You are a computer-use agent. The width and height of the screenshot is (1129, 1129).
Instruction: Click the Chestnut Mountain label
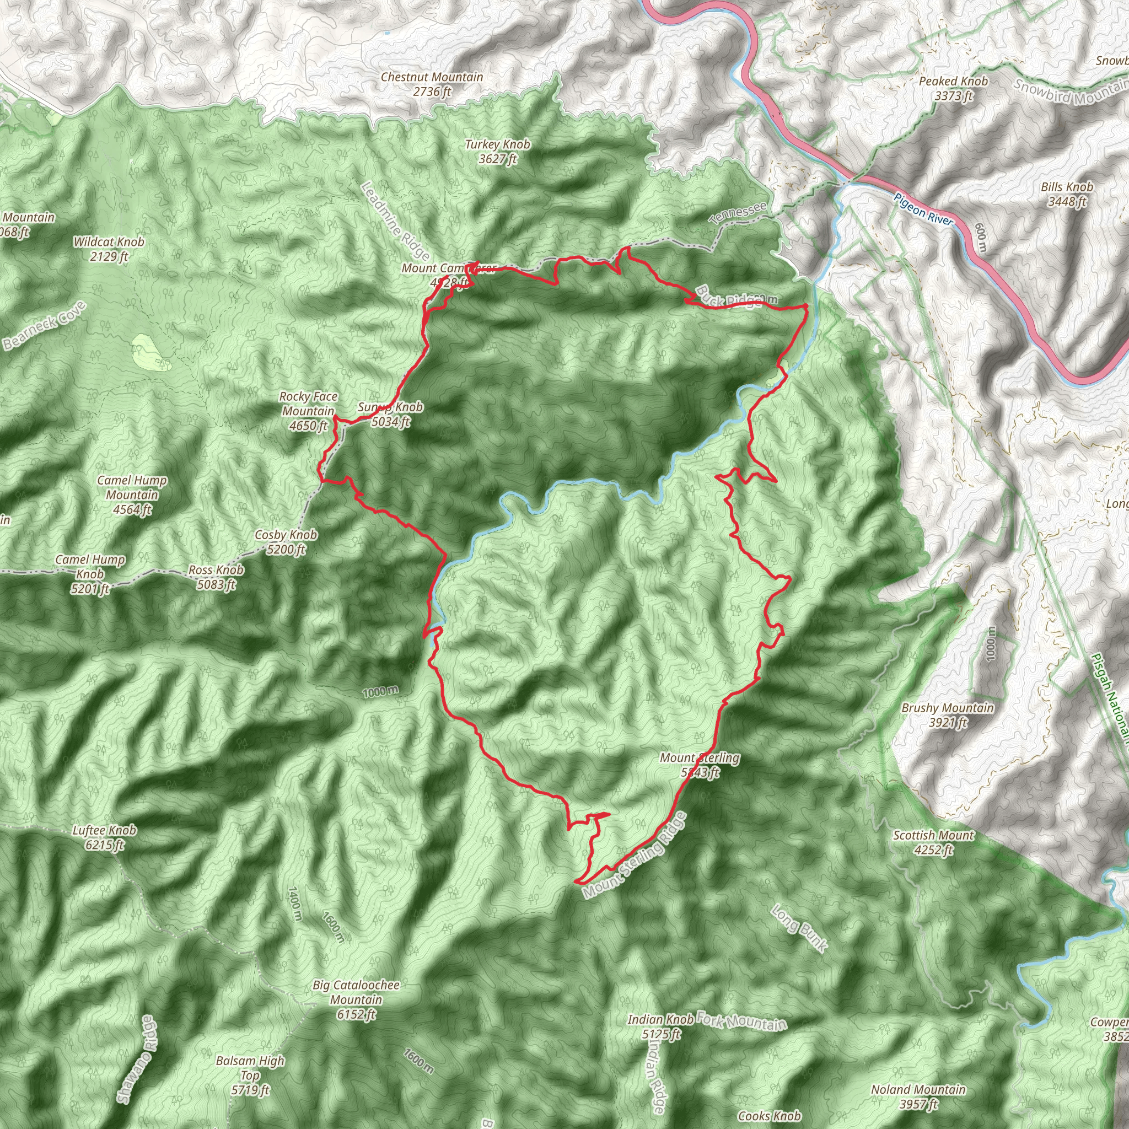(432, 84)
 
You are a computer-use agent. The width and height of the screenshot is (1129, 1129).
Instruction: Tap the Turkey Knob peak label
(497, 152)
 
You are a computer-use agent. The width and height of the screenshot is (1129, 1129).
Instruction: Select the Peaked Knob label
(953, 88)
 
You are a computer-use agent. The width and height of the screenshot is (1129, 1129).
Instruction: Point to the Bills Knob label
(1067, 194)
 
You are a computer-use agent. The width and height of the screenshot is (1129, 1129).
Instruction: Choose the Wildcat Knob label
(109, 249)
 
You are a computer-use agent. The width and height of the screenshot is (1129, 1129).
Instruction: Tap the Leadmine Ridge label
(395, 221)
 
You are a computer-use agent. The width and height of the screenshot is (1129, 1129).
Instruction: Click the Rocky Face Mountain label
(308, 411)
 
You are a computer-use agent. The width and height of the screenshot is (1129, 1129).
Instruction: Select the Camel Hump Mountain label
(132, 494)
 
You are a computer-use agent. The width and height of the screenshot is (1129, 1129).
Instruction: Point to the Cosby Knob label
(286, 542)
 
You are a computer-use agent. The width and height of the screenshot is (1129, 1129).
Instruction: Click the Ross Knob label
(216, 577)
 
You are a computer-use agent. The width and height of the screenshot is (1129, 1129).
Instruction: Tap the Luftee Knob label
(105, 837)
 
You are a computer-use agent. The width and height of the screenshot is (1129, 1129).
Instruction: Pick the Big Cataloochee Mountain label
(356, 999)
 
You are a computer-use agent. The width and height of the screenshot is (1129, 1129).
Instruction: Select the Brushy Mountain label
(947, 714)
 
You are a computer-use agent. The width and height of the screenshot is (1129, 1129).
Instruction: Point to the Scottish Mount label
(933, 842)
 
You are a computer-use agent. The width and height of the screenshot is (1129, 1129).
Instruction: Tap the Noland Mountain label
(918, 1096)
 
